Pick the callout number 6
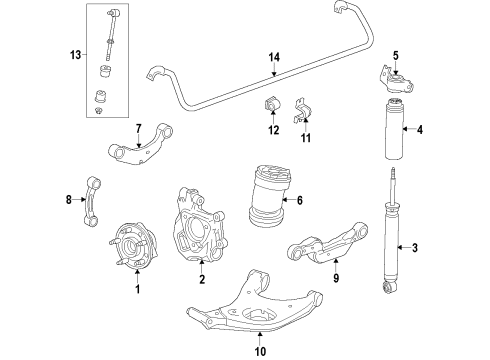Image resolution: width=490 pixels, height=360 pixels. tap(299, 199)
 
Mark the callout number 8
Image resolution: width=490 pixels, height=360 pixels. tap(69, 200)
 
